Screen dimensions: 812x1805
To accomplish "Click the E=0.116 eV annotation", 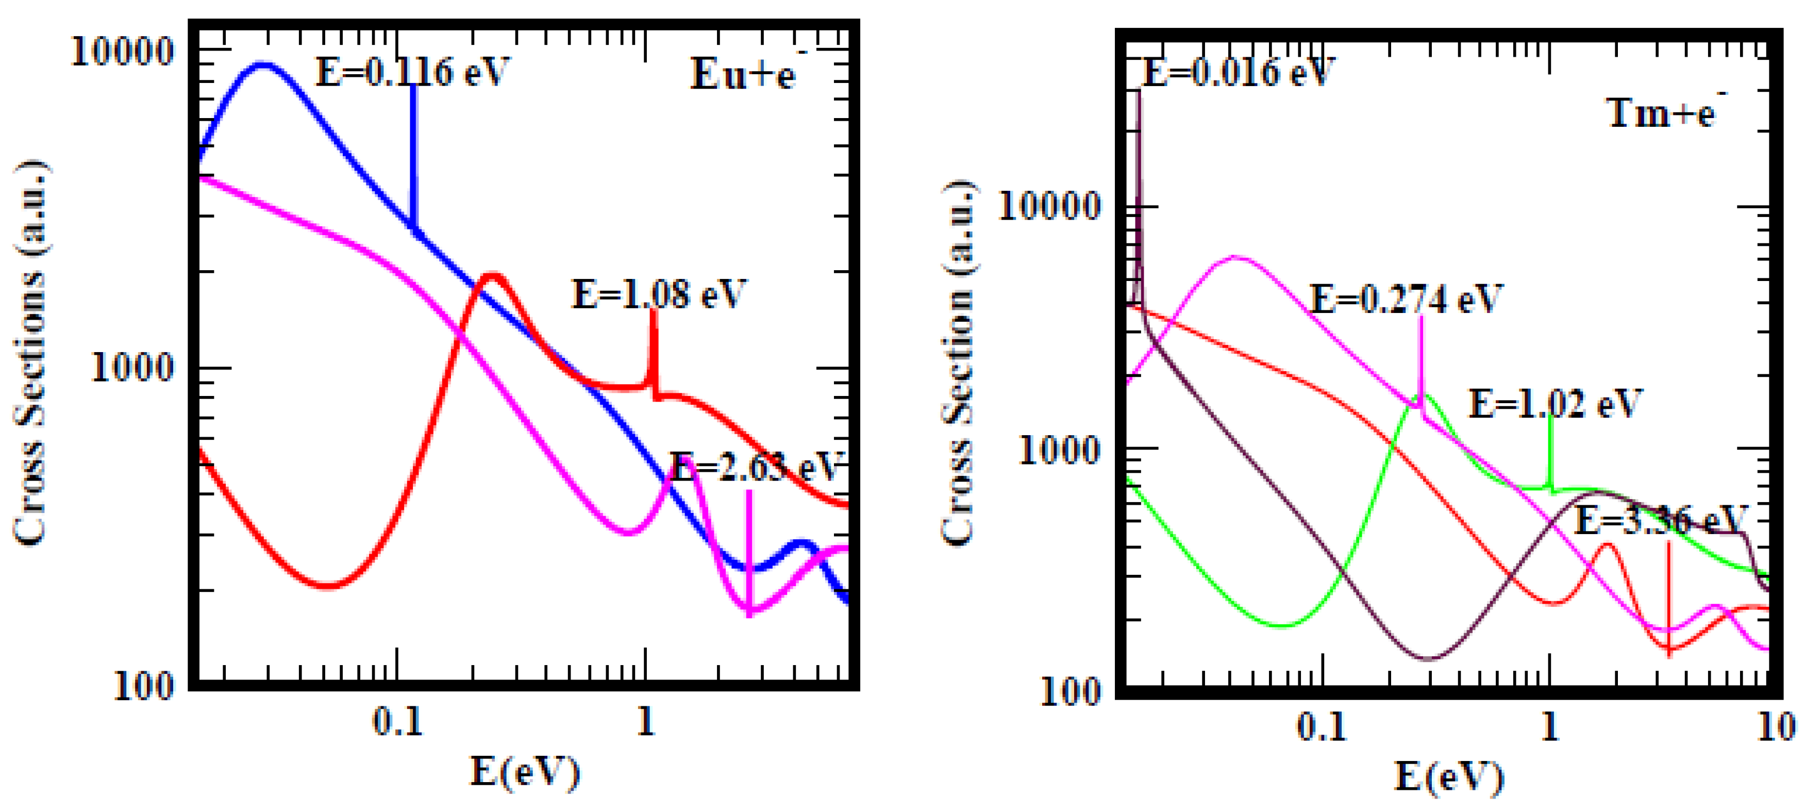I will [x=412, y=72].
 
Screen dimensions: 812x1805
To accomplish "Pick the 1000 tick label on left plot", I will [x=132, y=367].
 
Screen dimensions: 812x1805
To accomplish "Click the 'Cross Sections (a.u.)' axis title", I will [x=30, y=353].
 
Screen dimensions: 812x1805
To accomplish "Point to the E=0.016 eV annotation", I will [x=1238, y=72].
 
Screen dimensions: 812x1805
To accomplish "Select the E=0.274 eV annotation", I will [x=1406, y=299].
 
